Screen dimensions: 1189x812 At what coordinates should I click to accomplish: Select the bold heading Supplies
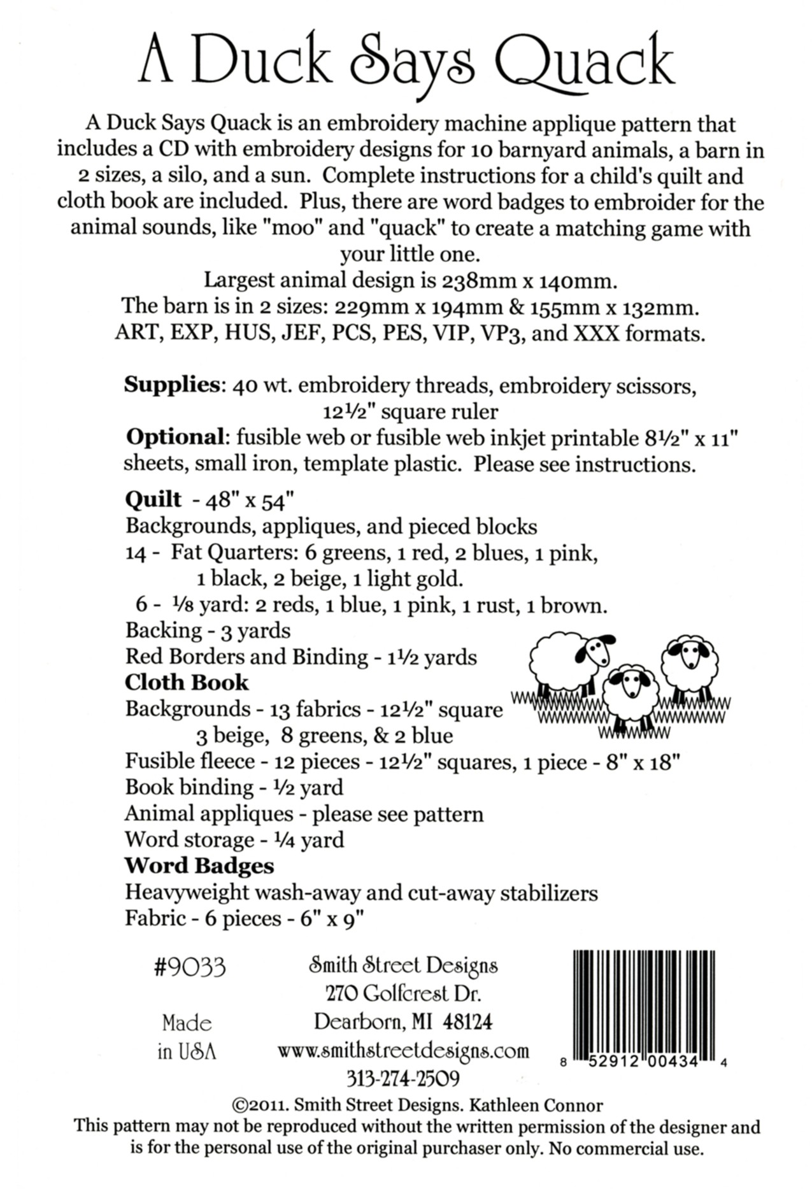tap(171, 385)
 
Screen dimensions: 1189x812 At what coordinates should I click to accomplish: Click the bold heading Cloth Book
tap(187, 683)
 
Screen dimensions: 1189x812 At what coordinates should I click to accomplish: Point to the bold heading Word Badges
tap(199, 866)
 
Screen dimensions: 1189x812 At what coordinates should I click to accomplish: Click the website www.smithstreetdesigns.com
tap(403, 1050)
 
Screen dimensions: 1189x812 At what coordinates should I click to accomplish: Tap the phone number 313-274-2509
tap(403, 1078)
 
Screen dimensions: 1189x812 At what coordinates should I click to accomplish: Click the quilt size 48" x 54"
tap(248, 501)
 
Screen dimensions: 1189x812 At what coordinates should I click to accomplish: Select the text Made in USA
tap(187, 1037)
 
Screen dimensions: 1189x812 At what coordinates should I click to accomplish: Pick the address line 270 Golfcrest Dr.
tap(403, 994)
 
